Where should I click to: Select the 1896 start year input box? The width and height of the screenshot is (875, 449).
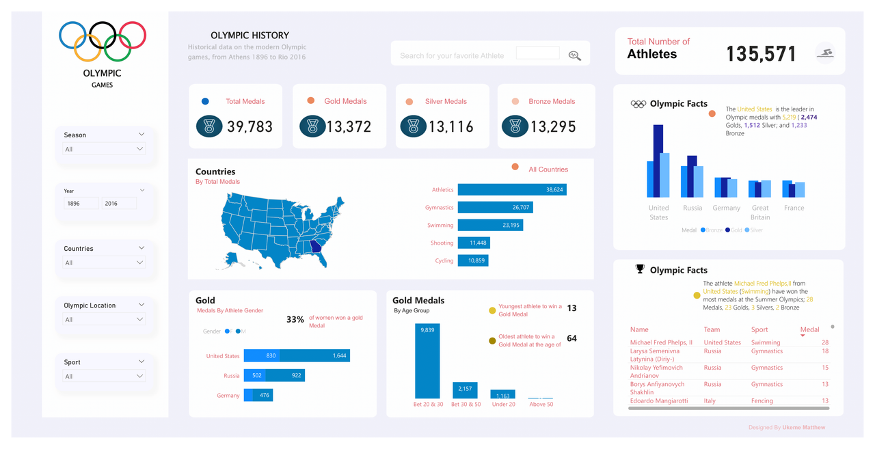(81, 204)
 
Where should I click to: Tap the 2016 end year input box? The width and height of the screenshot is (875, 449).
(119, 204)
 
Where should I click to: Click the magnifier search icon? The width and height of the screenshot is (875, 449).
(575, 56)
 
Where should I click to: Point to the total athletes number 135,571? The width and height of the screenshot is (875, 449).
(761, 54)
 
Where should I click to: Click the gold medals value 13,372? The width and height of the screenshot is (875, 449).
(349, 126)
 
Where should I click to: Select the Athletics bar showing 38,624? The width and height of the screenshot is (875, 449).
(511, 189)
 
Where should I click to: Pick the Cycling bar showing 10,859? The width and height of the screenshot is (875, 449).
(472, 260)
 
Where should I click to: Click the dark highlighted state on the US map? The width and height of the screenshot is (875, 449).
(316, 247)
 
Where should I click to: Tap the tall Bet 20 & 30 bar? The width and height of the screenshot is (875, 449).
(427, 361)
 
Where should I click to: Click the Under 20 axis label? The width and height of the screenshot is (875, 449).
(503, 405)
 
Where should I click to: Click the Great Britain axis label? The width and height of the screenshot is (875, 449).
(760, 213)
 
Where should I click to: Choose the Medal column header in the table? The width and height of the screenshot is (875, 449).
(809, 329)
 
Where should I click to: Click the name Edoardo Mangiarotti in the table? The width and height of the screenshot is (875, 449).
(659, 401)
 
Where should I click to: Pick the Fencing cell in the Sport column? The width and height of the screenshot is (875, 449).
(762, 401)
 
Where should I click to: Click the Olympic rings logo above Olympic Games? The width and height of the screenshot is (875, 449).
(103, 41)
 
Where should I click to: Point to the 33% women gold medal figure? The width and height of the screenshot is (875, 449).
(295, 319)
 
